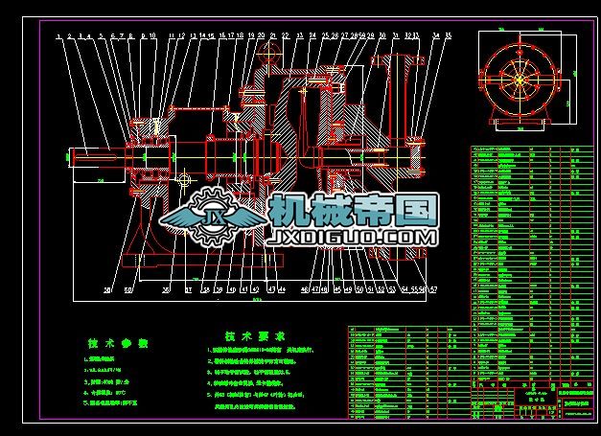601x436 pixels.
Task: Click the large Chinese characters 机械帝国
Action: tap(353, 210)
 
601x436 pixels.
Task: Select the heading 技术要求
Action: tap(254, 337)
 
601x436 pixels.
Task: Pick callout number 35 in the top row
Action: tap(448, 36)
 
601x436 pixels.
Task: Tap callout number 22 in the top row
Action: tap(285, 36)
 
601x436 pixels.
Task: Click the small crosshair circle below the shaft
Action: tap(185, 178)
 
